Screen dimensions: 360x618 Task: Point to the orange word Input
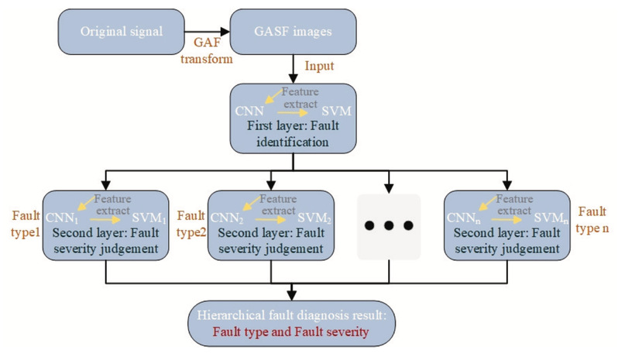(319, 68)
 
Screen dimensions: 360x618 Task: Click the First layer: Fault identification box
(290, 121)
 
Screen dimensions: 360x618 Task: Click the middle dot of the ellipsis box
(388, 225)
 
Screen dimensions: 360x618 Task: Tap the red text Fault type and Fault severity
(291, 332)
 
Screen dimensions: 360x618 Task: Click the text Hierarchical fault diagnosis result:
(291, 316)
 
